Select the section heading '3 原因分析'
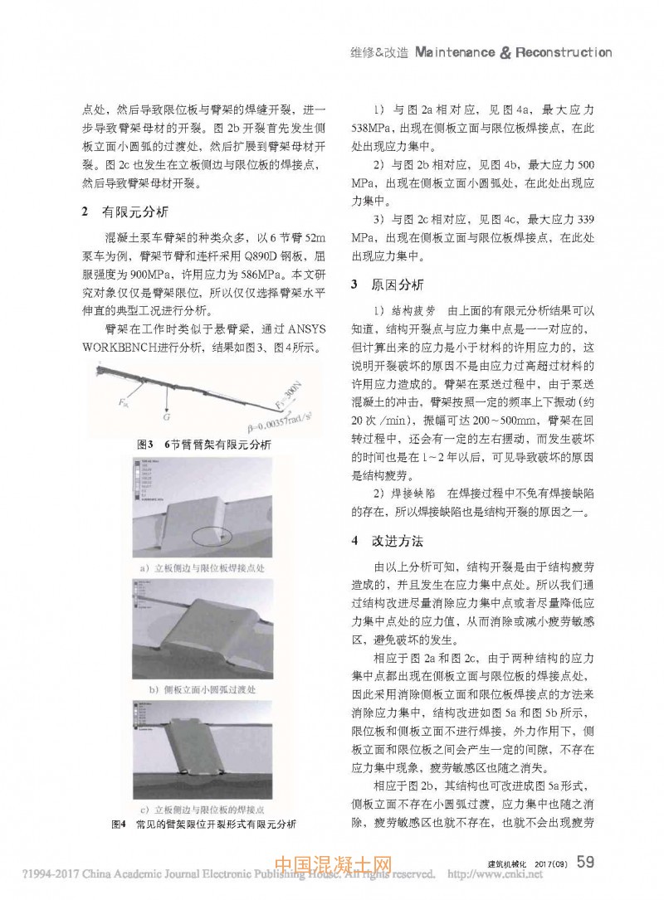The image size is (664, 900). (x=388, y=285)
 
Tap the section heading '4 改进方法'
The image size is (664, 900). (x=388, y=541)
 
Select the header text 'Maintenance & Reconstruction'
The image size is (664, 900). (x=512, y=52)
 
